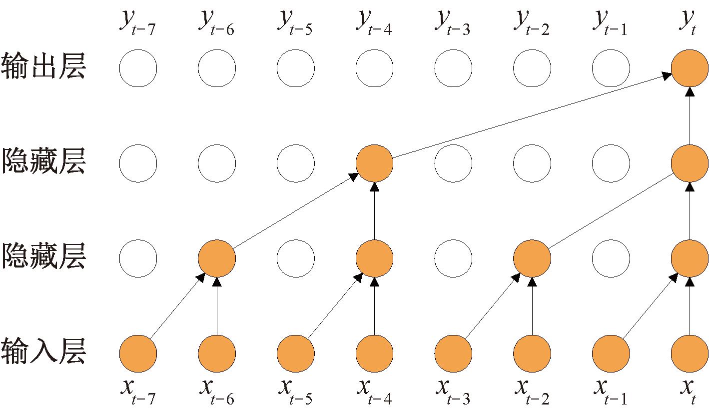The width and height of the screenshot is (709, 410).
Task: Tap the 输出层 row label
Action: point(43,67)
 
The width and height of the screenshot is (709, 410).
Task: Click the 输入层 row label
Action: point(43,351)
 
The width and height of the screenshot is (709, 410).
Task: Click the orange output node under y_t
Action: point(690,68)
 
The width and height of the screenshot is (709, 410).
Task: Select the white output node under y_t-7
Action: point(138,68)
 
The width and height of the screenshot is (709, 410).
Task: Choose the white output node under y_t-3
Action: point(453,68)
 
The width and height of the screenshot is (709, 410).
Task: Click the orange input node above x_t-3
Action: point(453,354)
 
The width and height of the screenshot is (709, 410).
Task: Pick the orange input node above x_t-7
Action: point(138,354)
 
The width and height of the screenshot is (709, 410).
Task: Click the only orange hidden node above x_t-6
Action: point(216,258)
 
